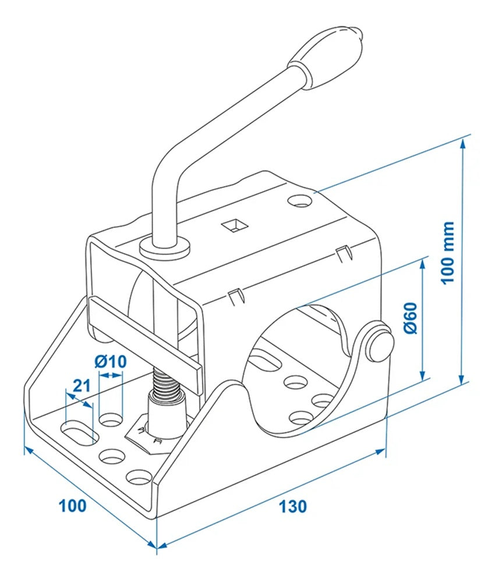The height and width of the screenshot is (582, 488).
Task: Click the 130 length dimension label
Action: point(292,506)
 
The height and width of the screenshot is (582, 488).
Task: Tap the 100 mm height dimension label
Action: point(447,252)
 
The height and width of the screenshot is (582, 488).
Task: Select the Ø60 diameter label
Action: point(411,317)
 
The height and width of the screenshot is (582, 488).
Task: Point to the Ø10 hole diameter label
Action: point(110,362)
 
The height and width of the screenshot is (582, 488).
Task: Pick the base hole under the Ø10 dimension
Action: point(111,419)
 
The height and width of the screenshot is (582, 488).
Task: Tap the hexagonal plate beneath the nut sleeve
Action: point(146,438)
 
